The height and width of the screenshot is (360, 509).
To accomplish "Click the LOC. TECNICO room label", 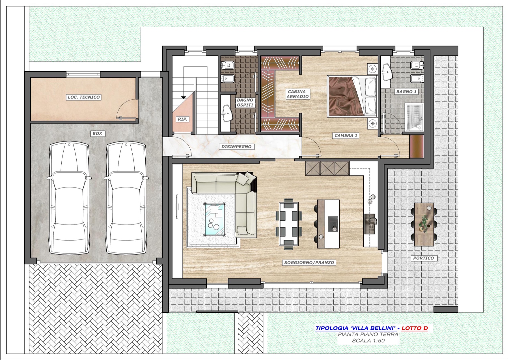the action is [x=84, y=97].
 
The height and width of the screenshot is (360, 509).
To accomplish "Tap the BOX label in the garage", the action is [x=97, y=133].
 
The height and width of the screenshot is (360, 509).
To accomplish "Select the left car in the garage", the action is [x=69, y=198].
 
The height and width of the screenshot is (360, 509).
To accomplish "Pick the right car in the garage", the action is [x=126, y=198].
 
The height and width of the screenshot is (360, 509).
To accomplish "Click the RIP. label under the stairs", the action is [x=183, y=119].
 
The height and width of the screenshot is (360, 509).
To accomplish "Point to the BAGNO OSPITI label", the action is [x=245, y=102].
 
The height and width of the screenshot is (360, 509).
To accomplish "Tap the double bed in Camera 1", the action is [x=352, y=96].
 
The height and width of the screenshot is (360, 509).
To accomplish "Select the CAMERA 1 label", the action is [x=346, y=136].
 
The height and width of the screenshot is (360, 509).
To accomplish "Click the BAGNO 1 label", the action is [x=406, y=91].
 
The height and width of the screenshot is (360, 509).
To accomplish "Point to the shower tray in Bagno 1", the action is [x=414, y=117].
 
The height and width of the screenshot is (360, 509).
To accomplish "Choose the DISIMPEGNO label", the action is [x=236, y=147].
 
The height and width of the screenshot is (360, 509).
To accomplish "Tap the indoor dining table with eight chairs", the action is [x=289, y=224].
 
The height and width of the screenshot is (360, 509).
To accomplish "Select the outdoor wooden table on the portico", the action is [x=424, y=224].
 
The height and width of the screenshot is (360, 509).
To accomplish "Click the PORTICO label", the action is [x=423, y=258].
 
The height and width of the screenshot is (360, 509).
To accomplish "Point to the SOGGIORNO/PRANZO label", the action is [x=309, y=263].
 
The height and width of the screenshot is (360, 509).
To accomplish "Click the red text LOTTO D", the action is [x=415, y=328].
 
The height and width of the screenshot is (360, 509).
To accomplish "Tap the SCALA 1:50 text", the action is [x=368, y=341].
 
